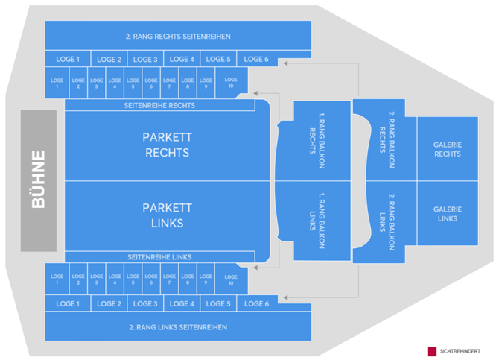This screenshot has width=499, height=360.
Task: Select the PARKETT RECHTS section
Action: tap(166, 145)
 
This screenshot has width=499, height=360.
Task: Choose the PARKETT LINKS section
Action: tap(166, 215)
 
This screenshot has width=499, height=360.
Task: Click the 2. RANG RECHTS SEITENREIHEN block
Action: tap(178, 36)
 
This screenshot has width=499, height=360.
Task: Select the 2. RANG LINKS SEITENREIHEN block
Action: tap(178, 326)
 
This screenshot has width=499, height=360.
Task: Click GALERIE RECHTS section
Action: tap(448, 149)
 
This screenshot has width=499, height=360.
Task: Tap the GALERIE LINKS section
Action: tap(448, 214)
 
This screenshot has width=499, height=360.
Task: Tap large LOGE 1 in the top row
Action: tap(68, 59)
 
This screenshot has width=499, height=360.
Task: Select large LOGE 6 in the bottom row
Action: tap(256, 303)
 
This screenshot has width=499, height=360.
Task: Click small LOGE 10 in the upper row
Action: tap(231, 83)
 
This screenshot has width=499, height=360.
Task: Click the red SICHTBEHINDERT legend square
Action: tap(431, 351)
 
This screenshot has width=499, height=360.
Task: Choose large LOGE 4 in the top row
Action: tap(182, 59)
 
